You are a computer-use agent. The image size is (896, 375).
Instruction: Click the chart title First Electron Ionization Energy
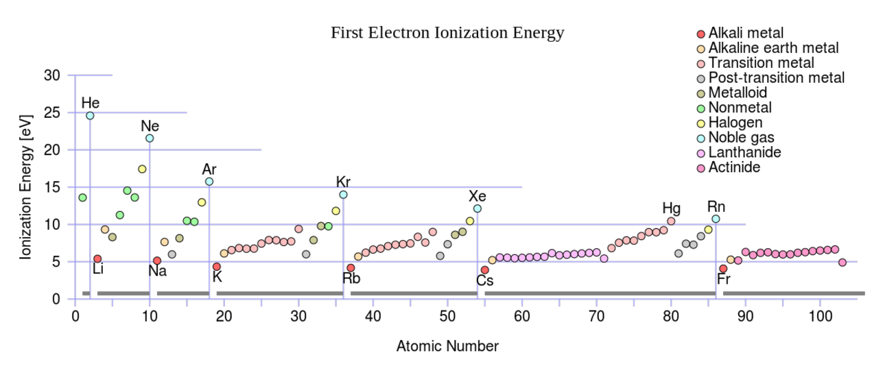(x=447, y=33)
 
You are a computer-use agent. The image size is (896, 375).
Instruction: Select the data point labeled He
(x=90, y=116)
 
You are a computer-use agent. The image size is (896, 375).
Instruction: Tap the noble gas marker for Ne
(x=150, y=138)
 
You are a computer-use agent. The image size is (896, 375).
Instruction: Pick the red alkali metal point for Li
(x=97, y=259)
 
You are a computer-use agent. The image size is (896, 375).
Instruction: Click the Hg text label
(x=671, y=208)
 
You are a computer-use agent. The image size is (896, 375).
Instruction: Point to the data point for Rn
(x=716, y=219)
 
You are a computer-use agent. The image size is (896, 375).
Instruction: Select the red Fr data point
(x=723, y=269)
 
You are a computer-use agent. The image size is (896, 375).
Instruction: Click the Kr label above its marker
(x=344, y=182)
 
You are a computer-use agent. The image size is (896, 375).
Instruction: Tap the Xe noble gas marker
(x=478, y=208)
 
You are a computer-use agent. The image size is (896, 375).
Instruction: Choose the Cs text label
(x=484, y=280)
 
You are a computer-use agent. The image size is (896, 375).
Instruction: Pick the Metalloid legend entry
(x=738, y=93)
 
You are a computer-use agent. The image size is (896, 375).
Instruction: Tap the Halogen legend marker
(x=700, y=123)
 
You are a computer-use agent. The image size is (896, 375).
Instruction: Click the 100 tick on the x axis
(x=820, y=316)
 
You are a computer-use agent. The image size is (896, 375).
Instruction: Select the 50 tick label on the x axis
(x=447, y=316)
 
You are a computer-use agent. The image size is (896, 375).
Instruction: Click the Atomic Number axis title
(x=447, y=346)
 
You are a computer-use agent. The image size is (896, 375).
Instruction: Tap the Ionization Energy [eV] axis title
(x=26, y=186)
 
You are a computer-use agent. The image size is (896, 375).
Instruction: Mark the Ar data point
(x=209, y=182)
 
